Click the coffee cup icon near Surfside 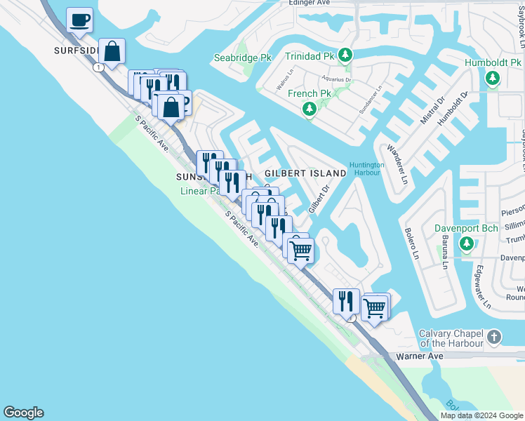click(80, 20)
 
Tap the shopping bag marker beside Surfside click(112, 51)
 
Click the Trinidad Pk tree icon click(345, 55)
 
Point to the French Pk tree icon click(309, 109)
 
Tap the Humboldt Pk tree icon click(493, 78)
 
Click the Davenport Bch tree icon click(467, 244)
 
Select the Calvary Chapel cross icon click(494, 338)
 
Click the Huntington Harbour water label click(368, 169)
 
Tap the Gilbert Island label click(305, 173)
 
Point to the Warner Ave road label click(420, 356)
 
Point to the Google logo click(23, 413)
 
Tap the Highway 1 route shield click(100, 67)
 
